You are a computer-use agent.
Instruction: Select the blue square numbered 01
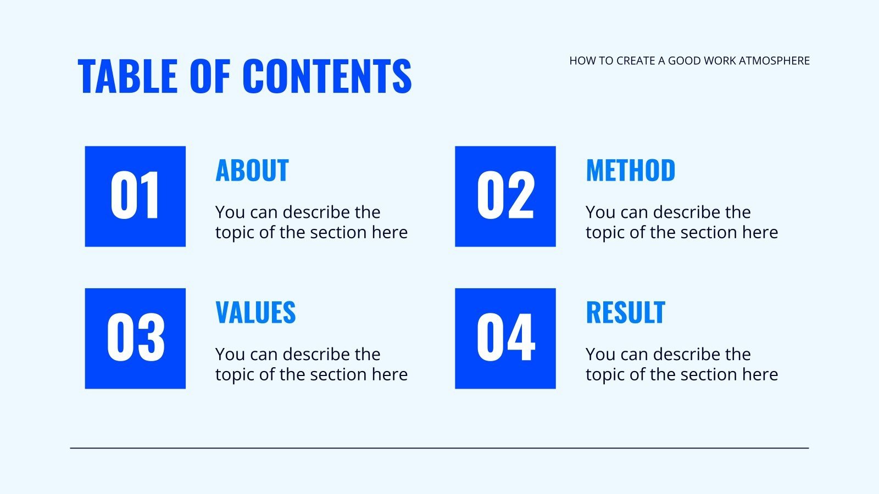[135, 196]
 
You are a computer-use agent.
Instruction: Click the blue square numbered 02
[505, 196]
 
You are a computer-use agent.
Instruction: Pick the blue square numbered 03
[135, 338]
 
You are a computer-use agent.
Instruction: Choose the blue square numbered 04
[505, 338]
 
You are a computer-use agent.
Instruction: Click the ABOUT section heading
[252, 170]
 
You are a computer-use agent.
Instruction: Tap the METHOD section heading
[631, 170]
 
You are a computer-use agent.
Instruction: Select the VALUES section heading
[255, 312]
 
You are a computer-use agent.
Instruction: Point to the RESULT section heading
[625, 312]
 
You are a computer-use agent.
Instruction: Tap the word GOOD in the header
[683, 61]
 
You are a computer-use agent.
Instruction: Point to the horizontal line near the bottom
[439, 448]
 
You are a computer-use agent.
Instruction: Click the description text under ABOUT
[311, 222]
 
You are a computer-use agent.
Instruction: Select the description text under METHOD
[681, 222]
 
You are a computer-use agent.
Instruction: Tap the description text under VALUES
[311, 364]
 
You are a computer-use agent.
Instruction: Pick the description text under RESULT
[681, 364]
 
